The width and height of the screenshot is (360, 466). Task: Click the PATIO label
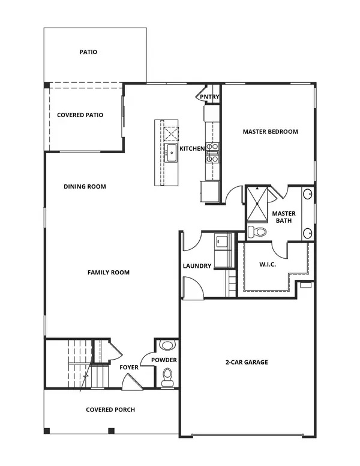click(88, 52)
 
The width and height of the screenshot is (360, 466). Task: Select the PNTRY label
click(209, 97)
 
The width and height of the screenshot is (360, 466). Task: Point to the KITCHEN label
click(193, 148)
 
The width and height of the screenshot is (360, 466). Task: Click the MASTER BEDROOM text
click(270, 132)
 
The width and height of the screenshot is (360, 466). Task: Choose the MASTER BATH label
click(282, 217)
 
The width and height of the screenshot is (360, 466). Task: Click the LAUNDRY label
click(197, 266)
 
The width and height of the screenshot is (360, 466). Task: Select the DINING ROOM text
click(85, 187)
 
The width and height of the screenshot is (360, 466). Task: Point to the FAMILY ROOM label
click(109, 273)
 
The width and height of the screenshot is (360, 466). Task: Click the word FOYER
click(129, 367)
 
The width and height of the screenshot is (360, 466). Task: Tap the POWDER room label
click(163, 360)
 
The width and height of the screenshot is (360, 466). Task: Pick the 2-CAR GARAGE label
click(247, 362)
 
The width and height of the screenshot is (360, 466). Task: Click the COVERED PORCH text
click(110, 410)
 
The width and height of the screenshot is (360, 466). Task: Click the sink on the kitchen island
click(171, 152)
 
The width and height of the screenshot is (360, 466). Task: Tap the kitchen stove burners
click(212, 153)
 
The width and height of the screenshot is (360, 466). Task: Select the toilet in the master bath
click(259, 232)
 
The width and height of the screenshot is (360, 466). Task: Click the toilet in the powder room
click(167, 377)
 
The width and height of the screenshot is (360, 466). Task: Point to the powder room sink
click(167, 346)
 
